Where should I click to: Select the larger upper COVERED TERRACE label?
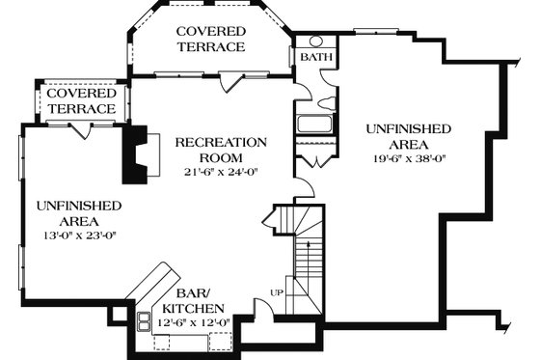(x=210, y=40)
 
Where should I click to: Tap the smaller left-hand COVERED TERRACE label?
(x=81, y=102)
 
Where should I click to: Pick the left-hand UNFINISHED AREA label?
(x=78, y=213)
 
